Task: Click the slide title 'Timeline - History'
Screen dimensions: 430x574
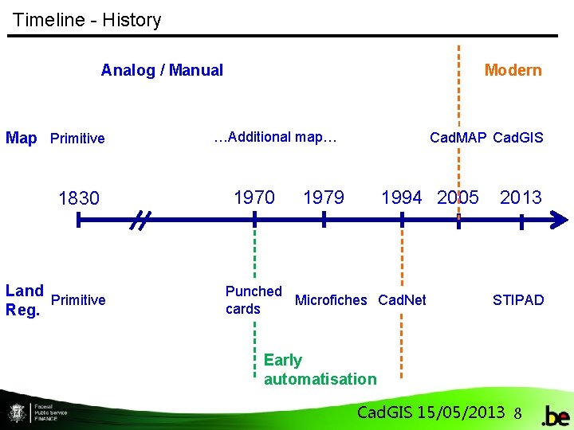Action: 87,20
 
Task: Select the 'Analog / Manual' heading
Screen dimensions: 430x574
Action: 162,70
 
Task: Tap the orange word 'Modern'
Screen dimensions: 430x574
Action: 513,70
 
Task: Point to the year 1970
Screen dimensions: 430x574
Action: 254,197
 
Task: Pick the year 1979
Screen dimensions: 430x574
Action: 324,197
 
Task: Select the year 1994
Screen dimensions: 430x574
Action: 402,197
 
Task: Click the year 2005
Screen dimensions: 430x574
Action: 458,197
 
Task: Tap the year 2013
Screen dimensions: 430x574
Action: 521,197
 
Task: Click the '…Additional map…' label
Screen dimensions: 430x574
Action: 276,137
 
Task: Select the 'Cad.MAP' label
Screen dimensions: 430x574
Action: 458,138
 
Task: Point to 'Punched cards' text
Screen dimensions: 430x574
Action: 253,300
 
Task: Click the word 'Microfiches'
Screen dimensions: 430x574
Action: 331,300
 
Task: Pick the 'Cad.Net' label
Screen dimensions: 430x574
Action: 402,300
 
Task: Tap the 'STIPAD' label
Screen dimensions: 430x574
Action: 518,300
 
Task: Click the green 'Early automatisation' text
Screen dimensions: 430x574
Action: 320,369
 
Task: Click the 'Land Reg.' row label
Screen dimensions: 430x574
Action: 24,300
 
